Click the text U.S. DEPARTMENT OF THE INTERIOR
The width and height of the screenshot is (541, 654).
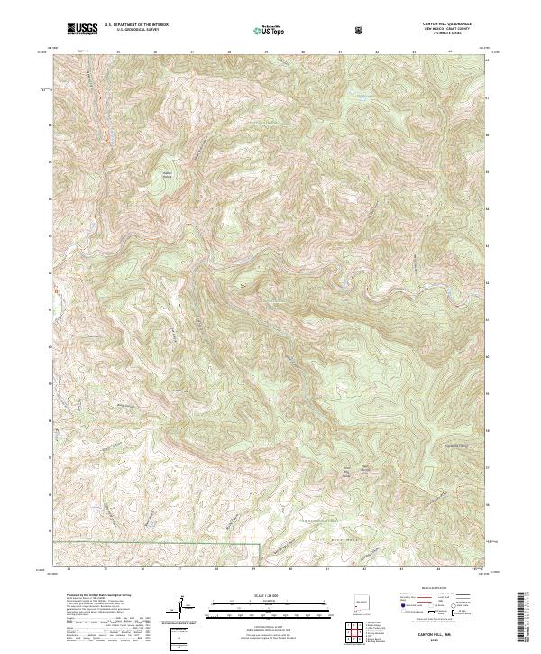(x=136, y=25)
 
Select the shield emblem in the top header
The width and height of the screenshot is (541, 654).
(x=361, y=31)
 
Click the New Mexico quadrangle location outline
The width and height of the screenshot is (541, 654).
(x=361, y=601)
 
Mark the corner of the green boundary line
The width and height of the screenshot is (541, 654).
(x=260, y=544)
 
